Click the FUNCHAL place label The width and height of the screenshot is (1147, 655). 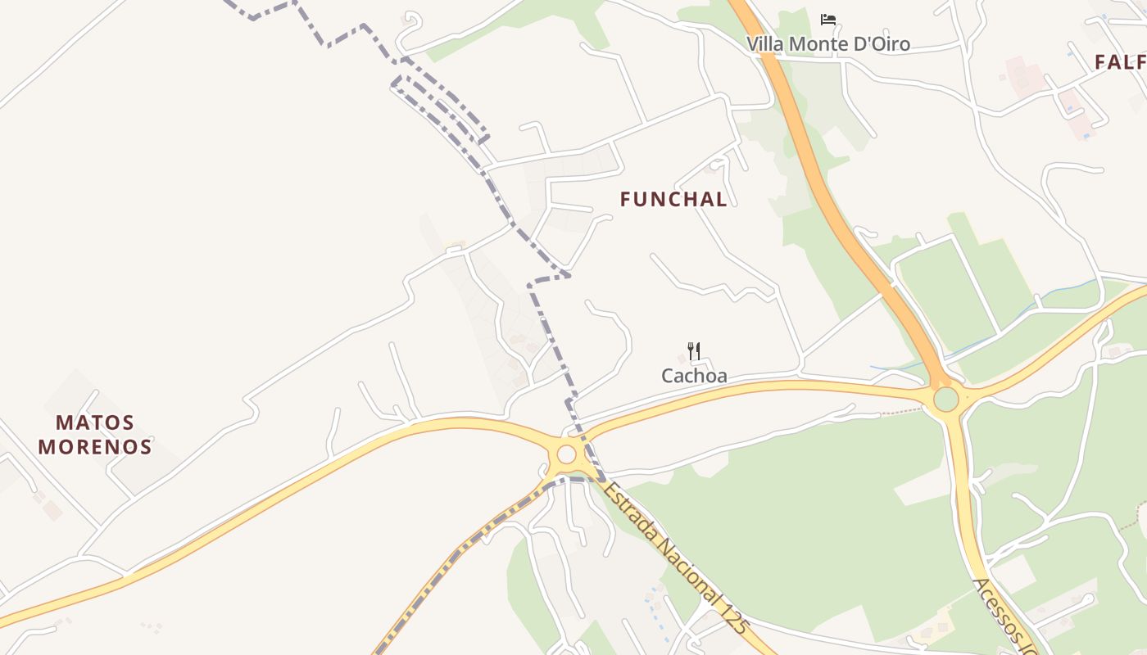click(673, 199)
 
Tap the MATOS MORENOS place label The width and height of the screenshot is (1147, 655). click(95, 435)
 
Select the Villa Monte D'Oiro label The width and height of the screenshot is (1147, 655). click(827, 44)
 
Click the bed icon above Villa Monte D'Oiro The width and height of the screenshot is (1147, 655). click(828, 19)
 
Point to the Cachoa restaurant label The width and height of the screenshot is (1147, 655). click(694, 376)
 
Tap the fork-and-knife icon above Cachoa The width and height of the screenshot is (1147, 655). click(694, 351)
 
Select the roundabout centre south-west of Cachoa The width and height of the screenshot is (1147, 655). click(566, 454)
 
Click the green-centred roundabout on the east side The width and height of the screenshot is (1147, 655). click(945, 400)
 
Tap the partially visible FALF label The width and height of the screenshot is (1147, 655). click(1120, 62)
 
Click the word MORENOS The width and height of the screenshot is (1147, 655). click(95, 447)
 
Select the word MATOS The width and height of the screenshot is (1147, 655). click(95, 423)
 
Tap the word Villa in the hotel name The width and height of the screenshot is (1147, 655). click(764, 44)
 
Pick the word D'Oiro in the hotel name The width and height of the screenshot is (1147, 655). click(882, 44)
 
